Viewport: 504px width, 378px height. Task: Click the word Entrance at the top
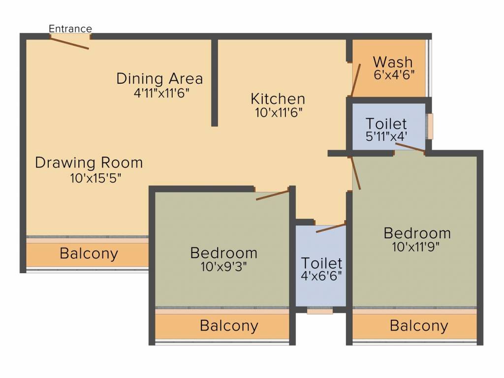[x=70, y=29]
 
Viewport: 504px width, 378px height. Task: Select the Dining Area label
[x=159, y=78]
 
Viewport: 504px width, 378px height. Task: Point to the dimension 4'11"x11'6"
[x=161, y=92]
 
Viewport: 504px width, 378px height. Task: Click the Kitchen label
[x=278, y=98]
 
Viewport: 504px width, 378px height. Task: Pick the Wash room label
[x=392, y=63]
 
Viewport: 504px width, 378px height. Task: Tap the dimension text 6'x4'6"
[x=394, y=75]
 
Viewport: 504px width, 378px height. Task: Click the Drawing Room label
[x=89, y=162]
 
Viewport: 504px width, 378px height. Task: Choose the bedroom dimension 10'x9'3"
[x=223, y=266]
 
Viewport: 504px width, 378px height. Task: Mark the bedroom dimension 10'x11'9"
[x=417, y=246]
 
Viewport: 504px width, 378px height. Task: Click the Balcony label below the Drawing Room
[x=89, y=254]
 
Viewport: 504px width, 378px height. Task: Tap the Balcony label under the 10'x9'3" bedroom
[x=229, y=325]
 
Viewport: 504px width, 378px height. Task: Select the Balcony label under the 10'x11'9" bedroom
[x=419, y=325]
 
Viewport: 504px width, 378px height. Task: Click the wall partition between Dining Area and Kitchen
[x=215, y=82]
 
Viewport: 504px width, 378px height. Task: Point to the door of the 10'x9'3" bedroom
[x=272, y=194]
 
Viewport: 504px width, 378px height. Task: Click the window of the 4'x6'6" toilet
[x=320, y=311]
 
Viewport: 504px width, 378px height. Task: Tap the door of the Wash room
[x=356, y=79]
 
